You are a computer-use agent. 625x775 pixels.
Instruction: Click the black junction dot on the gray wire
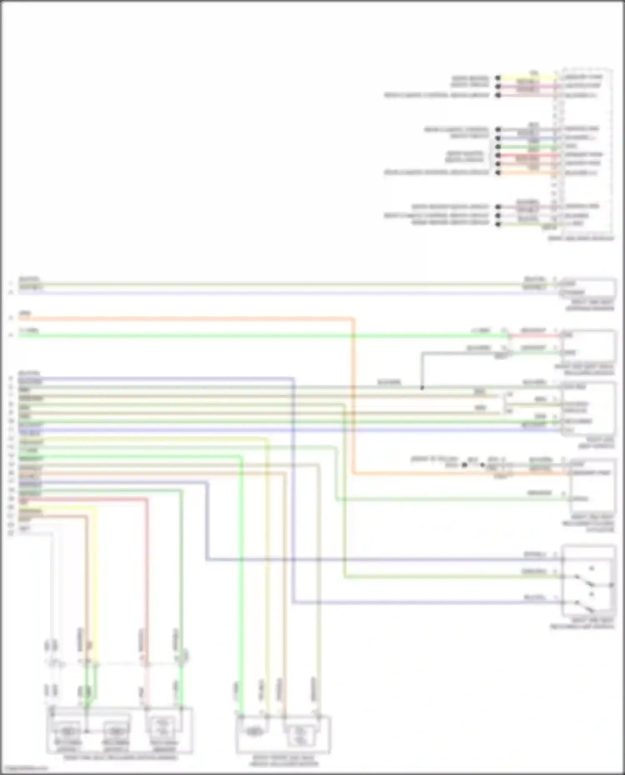422,388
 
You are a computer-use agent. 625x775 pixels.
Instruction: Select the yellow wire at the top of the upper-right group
527,78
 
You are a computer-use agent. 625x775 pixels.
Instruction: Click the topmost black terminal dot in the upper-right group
498,78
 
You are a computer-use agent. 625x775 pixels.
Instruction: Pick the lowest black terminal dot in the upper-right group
498,224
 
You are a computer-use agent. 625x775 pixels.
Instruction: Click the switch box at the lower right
588,581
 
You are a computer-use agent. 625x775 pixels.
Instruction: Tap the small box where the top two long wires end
588,288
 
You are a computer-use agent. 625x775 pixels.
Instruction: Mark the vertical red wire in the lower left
147,583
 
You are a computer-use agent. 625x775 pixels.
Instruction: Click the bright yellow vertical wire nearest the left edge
95,583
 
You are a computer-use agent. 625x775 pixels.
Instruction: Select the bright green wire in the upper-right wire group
527,147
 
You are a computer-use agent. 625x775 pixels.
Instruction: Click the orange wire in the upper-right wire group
527,172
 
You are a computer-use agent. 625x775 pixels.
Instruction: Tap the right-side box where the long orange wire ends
592,485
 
